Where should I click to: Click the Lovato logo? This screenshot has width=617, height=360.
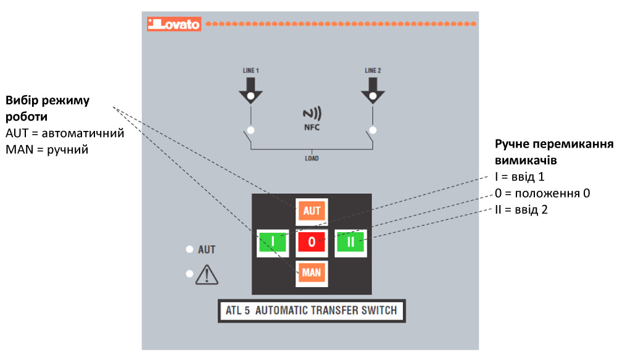173,24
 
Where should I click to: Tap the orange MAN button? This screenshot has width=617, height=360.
312,272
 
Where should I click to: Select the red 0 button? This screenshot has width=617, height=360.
312,242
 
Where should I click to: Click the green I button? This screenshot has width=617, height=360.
273,242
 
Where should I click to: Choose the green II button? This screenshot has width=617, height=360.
350,242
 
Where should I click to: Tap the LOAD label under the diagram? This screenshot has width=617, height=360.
312,158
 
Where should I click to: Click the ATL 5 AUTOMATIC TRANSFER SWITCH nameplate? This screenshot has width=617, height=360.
312,311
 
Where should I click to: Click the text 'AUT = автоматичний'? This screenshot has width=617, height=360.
65,133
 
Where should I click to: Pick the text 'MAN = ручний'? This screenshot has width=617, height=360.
46,149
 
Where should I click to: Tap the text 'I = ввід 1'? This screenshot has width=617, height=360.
520,177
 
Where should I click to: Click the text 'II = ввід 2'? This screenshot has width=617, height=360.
521,209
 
